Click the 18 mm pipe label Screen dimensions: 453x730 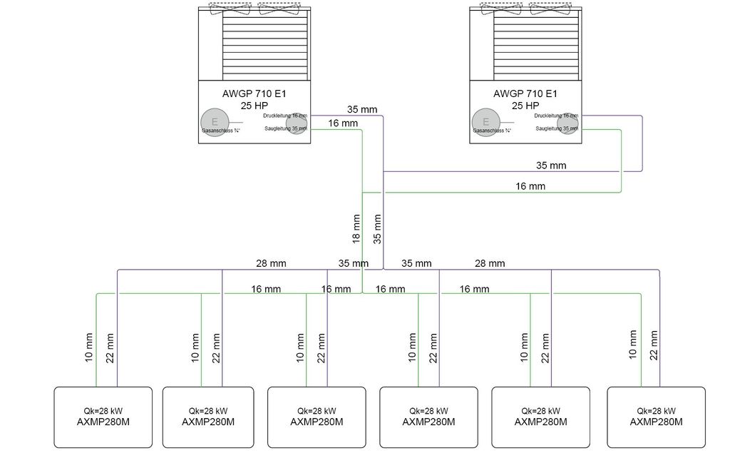click(356, 228)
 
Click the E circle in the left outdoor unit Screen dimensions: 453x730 click(211, 122)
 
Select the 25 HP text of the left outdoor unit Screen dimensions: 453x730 click(255, 105)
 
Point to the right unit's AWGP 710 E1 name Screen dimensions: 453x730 click(525, 93)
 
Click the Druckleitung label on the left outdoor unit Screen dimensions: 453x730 click(285, 115)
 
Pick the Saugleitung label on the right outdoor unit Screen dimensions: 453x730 click(557, 129)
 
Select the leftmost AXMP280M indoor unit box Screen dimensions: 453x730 click(103, 417)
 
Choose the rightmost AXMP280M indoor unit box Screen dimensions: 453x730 click(656, 417)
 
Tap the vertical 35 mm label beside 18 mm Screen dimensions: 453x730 click(378, 228)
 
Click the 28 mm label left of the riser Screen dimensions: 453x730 click(271, 263)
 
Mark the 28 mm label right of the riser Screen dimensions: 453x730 click(490, 263)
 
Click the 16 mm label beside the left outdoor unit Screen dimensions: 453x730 click(343, 123)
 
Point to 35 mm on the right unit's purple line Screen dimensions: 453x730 click(551, 166)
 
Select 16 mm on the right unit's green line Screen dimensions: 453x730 click(530, 186)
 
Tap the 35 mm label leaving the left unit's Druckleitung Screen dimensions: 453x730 click(362, 110)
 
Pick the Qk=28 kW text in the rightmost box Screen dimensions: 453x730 click(656, 411)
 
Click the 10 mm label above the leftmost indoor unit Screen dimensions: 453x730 click(89, 346)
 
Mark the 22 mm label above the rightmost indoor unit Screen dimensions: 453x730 click(654, 345)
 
